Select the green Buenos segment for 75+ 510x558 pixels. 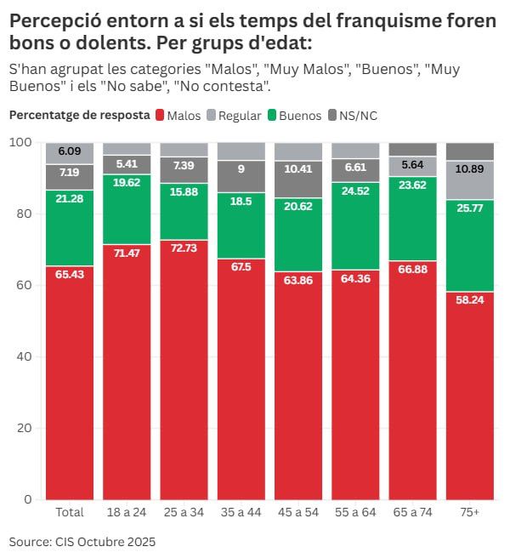[x=469, y=246]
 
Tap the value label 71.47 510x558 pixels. [x=127, y=254]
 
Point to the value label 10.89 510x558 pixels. [x=469, y=168]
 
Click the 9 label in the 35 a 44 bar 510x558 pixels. [x=241, y=168]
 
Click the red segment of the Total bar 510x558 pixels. [x=70, y=383]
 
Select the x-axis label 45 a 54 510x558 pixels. [x=297, y=512]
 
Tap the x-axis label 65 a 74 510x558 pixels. [x=412, y=512]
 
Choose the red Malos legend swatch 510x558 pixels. [x=159, y=115]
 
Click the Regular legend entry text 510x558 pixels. [x=240, y=115]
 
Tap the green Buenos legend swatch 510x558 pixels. [x=272, y=115]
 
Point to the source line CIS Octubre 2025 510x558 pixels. [x=82, y=541]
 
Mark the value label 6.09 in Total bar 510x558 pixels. [x=70, y=151]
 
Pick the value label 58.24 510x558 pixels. [x=469, y=300]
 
